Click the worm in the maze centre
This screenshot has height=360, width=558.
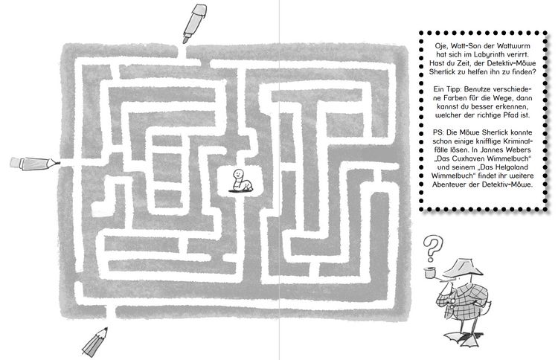click(x=240, y=181)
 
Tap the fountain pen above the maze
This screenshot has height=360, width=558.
click(x=194, y=23)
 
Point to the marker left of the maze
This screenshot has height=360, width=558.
click(x=33, y=164)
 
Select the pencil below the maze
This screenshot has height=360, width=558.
click(x=94, y=343)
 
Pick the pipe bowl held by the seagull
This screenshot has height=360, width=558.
click(x=430, y=272)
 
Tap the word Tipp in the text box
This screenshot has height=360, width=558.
click(x=452, y=89)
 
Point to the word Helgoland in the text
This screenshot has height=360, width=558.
click(x=510, y=167)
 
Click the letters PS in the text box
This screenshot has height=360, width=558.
click(x=437, y=132)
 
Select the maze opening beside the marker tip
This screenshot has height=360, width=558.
click(x=66, y=164)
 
